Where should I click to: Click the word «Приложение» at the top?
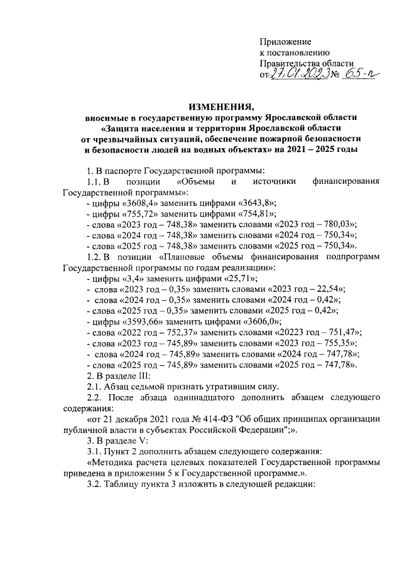pos(285,41)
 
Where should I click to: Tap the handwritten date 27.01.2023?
pos(298,75)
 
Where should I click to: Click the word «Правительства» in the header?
pos(290,63)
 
